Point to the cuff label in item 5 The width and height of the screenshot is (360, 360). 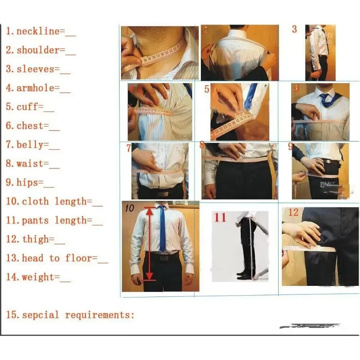[30, 107]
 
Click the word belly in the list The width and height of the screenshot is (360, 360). [33, 145]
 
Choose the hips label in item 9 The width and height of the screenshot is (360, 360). [30, 183]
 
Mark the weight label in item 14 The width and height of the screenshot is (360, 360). [35, 277]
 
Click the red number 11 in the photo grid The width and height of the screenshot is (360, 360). [221, 218]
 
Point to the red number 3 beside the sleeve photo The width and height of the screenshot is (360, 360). [294, 30]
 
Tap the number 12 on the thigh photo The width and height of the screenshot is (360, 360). [293, 213]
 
